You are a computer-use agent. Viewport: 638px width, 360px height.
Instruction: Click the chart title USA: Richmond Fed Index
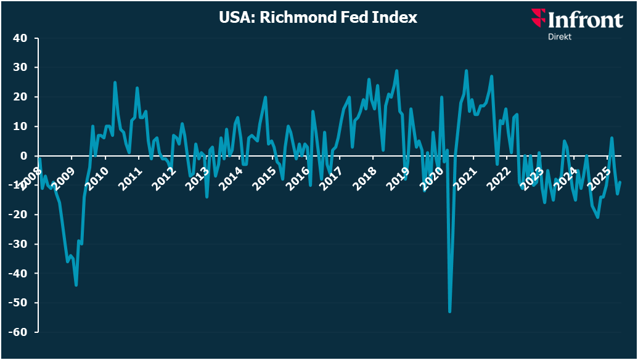coord(318,17)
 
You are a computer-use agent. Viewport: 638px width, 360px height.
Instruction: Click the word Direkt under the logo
coord(560,36)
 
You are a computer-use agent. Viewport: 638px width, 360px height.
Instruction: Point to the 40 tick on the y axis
coord(20,38)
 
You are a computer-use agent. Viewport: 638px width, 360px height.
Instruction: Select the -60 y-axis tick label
coord(18,332)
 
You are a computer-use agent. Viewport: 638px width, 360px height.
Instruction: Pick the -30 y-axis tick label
coord(18,244)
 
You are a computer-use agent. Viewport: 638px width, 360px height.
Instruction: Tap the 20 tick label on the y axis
coord(20,97)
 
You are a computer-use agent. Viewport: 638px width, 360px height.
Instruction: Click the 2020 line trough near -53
coord(449,311)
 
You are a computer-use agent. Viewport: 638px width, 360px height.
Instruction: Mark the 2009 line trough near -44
coord(76,285)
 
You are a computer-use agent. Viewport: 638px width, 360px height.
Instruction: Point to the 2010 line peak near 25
coord(115,83)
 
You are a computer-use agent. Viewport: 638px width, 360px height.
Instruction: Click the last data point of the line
coord(620,182)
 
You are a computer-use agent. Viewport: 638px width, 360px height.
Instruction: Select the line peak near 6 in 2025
coord(612,138)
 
